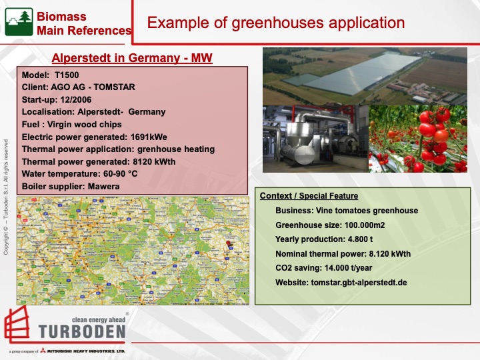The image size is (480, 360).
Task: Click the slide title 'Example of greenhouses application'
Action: click(x=275, y=23)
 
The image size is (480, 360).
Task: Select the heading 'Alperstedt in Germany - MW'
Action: click(x=132, y=59)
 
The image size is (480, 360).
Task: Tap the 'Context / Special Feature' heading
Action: click(x=309, y=196)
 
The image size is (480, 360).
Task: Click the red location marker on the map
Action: click(x=228, y=244)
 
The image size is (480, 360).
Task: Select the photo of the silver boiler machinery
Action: click(x=314, y=139)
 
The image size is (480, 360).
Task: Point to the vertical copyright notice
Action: click(x=6, y=197)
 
